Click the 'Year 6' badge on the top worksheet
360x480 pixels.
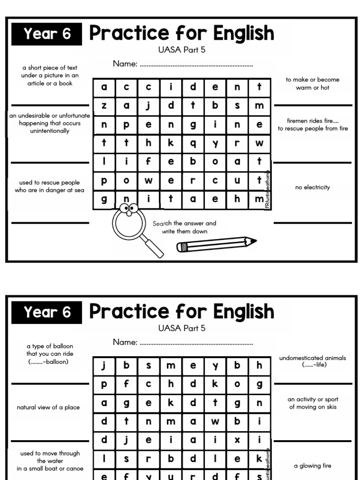[x=47, y=34]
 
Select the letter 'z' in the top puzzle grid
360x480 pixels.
[x=104, y=106]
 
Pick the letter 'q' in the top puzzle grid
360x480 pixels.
[x=193, y=143]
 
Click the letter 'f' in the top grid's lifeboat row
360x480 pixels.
[x=148, y=162]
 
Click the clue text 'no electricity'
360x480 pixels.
[x=313, y=187]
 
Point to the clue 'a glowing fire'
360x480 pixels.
[x=313, y=466]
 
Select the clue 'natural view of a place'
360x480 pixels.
[x=48, y=407]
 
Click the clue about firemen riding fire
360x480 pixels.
[x=313, y=125]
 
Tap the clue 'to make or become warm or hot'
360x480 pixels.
[x=313, y=83]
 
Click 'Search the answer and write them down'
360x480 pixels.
[x=184, y=227]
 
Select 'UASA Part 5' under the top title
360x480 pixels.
[x=182, y=50]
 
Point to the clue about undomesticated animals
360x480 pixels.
[x=312, y=361]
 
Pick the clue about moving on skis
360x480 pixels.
[x=313, y=403]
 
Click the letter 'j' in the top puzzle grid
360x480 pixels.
[x=148, y=106]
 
